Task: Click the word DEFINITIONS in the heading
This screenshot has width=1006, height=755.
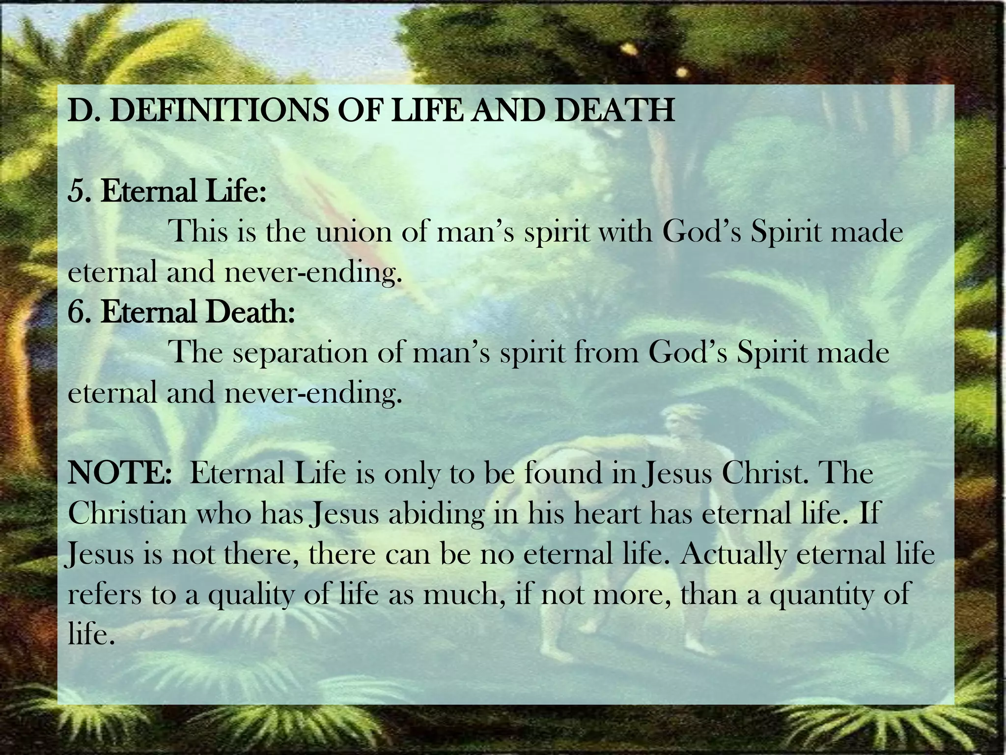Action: coord(219,110)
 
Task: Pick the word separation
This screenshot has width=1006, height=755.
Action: coord(300,352)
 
